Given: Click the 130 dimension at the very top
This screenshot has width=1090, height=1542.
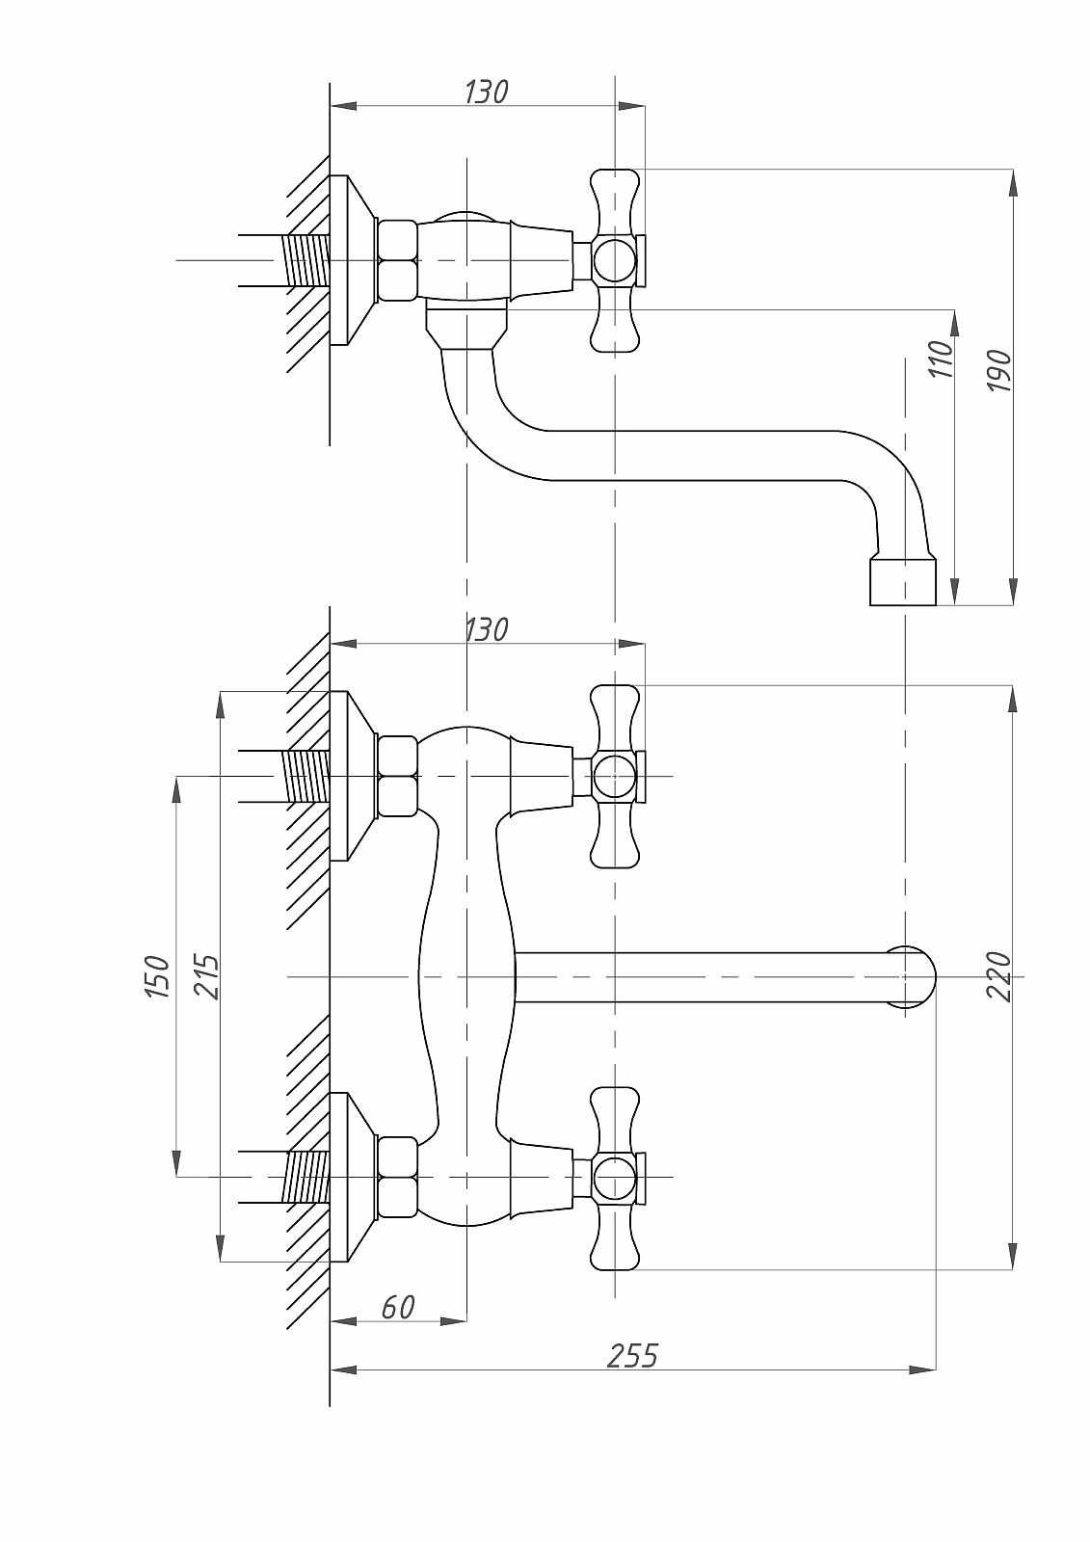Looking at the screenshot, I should coord(486,93).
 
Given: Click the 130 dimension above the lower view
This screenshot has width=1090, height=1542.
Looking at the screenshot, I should coord(486,630).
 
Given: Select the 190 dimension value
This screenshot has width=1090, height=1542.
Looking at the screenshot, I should coord(1001,371).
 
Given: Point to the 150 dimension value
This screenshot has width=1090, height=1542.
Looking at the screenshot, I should coord(157,976).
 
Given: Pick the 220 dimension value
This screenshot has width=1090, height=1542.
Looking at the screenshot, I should coord(1001,976).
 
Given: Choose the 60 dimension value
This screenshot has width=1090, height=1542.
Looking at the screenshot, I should coord(398,1308).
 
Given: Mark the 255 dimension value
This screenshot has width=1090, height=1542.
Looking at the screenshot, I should coord(632,1356).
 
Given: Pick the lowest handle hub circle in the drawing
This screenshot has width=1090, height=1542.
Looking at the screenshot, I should coord(614,1178).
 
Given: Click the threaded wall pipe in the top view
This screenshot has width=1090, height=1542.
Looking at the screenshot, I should coord(306,260).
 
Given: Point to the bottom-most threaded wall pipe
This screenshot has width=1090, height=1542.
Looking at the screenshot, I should coord(306,1177).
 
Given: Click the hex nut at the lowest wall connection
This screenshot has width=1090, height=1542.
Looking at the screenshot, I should coord(398,1177).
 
